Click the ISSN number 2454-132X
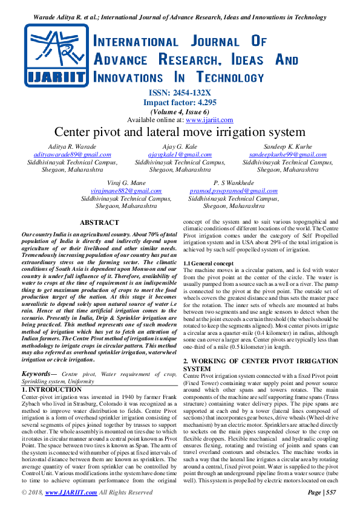pyautogui.click(x=189, y=93)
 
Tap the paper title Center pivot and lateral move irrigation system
pyautogui.click(x=180, y=132)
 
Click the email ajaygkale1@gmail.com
pyautogui.click(x=180, y=155)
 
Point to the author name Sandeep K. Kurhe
pyautogui.click(x=287, y=148)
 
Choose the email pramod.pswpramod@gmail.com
pyautogui.click(x=234, y=190)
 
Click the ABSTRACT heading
pyautogui.click(x=99, y=223)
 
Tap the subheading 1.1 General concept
pyautogui.click(x=208, y=264)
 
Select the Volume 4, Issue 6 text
pyautogui.click(x=180, y=111)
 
